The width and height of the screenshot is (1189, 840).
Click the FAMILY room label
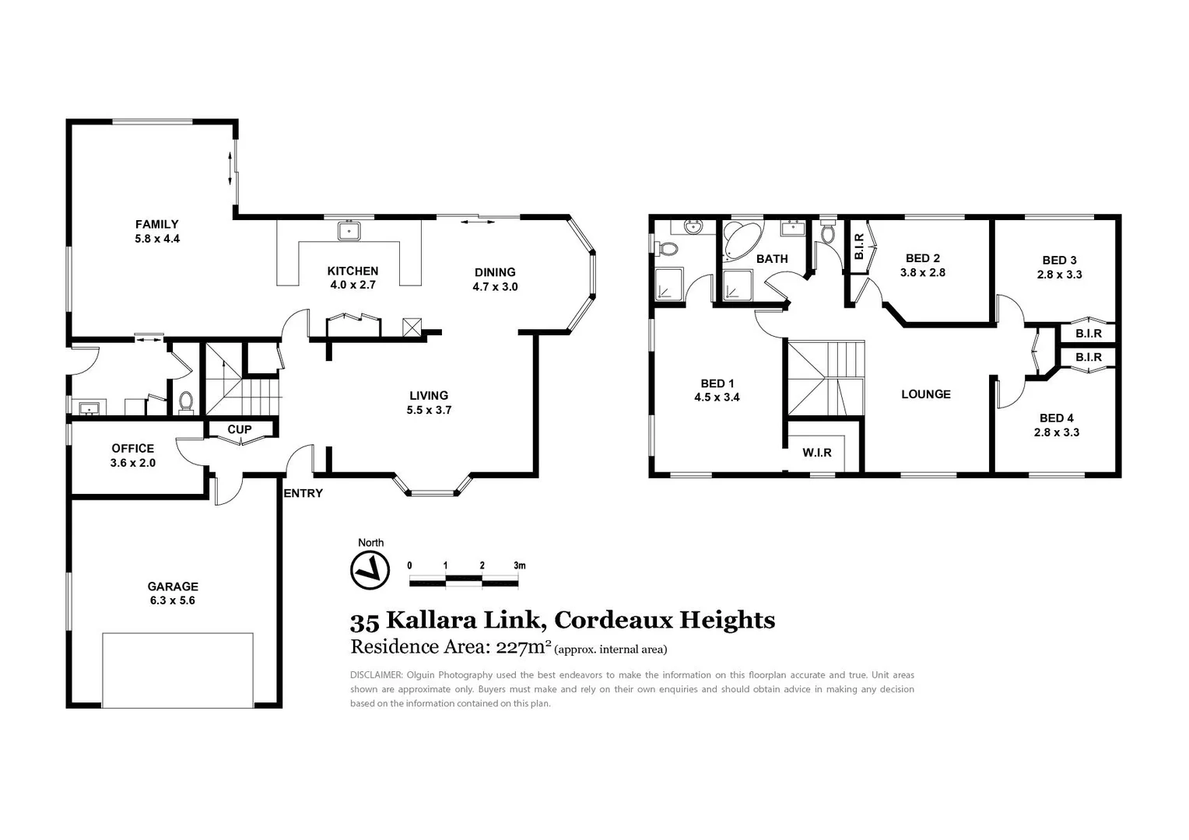click(156, 224)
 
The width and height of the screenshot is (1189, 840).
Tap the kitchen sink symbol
click(349, 230)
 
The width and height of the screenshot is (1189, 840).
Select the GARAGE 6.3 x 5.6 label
click(173, 593)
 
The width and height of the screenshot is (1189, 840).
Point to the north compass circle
click(370, 569)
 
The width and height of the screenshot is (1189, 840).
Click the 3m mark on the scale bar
click(519, 565)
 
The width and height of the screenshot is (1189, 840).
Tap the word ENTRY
click(303, 493)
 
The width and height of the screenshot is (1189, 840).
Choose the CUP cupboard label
click(239, 429)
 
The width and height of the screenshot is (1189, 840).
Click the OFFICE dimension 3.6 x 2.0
click(133, 463)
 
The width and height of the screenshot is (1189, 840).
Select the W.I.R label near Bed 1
click(817, 453)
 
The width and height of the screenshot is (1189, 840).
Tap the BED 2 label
click(922, 258)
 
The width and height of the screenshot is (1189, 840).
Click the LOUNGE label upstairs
click(925, 394)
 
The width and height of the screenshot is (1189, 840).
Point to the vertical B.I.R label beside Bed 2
click(859, 247)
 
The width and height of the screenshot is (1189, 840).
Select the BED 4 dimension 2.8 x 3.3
click(1056, 432)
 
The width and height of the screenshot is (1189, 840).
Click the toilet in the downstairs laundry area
click(186, 401)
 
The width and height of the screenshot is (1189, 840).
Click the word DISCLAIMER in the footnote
click(376, 675)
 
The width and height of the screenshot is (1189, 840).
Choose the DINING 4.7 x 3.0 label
click(495, 279)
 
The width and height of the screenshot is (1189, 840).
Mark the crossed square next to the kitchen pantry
click(412, 327)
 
